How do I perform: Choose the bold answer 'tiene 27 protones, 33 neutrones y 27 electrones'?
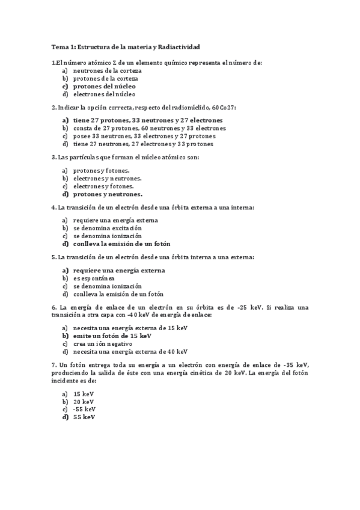click(148, 120)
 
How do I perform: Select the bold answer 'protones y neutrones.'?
click(108, 194)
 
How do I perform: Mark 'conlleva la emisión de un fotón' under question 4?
click(121, 244)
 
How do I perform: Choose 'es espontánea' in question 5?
click(94, 278)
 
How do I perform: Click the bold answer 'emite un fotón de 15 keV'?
click(112, 336)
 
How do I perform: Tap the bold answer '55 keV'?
click(84, 417)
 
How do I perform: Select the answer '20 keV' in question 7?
click(84, 401)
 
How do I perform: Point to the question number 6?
click(54, 307)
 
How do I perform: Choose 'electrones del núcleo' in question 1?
click(104, 94)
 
